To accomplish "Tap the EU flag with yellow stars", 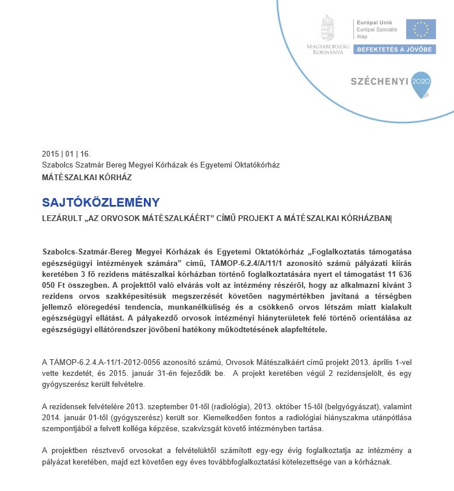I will coord(421,29).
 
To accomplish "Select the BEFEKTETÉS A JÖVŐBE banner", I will coord(395,50).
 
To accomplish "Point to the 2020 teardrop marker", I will coord(421,82).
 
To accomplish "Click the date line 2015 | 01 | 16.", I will coord(66,154).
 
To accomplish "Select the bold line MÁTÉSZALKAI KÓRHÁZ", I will coord(87,177).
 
